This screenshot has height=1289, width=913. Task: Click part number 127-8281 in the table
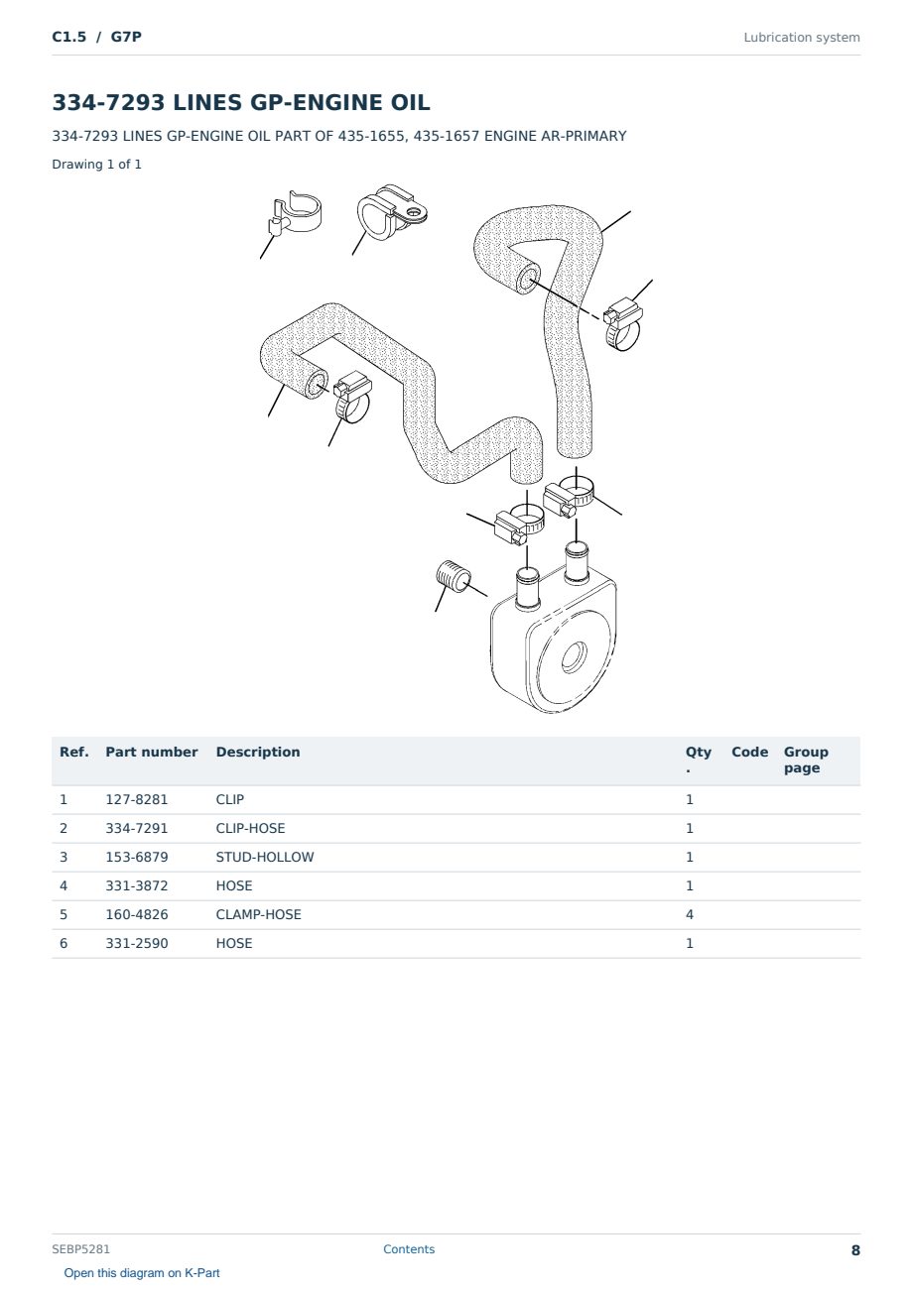pyautogui.click(x=137, y=799)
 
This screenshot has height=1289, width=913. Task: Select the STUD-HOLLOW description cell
pyautogui.click(x=265, y=857)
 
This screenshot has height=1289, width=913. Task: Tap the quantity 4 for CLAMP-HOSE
pyautogui.click(x=690, y=914)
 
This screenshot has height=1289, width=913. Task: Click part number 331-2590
pyautogui.click(x=137, y=943)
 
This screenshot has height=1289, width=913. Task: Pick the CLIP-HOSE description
pyautogui.click(x=250, y=828)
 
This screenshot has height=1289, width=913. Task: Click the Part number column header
pyautogui.click(x=152, y=753)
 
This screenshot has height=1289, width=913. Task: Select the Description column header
pyautogui.click(x=258, y=753)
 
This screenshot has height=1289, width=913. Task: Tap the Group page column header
pyautogui.click(x=806, y=761)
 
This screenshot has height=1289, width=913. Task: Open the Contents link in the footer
pyautogui.click(x=409, y=1248)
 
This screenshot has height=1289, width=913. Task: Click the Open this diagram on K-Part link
pyautogui.click(x=142, y=1272)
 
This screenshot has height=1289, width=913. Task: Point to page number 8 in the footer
pyautogui.click(x=855, y=1250)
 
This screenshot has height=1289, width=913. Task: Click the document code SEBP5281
pyautogui.click(x=80, y=1248)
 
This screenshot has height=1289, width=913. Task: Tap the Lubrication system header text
pyautogui.click(x=802, y=38)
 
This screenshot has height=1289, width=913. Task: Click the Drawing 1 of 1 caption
pyautogui.click(x=97, y=165)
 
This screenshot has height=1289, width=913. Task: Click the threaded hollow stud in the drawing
pyautogui.click(x=454, y=575)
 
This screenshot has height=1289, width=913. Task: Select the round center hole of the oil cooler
pyautogui.click(x=575, y=656)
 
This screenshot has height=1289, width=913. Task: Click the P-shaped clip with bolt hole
pyautogui.click(x=391, y=212)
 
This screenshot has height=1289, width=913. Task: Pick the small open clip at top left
pyautogui.click(x=294, y=212)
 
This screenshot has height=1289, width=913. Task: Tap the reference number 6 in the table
pyautogui.click(x=64, y=943)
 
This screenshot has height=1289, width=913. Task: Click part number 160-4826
pyautogui.click(x=137, y=914)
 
